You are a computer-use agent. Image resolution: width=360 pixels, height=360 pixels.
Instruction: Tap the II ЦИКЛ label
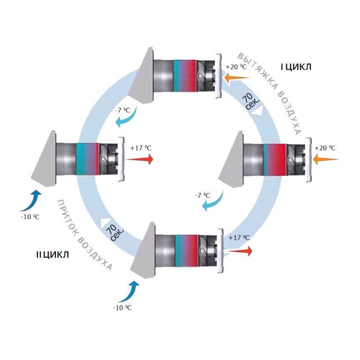[x=52, y=255]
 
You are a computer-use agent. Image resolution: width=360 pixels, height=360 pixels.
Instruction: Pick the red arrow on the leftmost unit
[x=140, y=159]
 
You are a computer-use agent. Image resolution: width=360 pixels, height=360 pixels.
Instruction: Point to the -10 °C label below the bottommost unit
[x=122, y=307]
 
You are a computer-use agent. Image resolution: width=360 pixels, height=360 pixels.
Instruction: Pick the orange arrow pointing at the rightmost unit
[x=327, y=159]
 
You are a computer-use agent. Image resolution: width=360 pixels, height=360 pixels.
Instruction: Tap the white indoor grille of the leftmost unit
[x=121, y=158]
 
